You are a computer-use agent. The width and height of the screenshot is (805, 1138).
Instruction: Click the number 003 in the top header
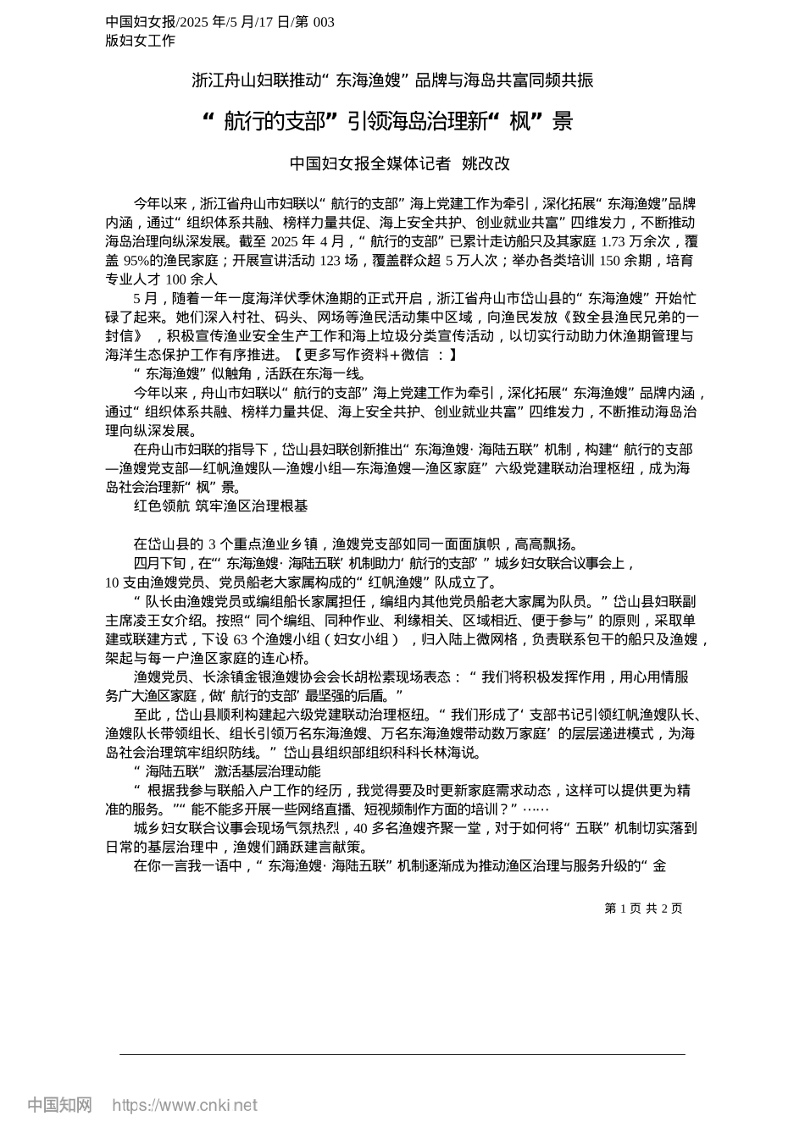pos(323,23)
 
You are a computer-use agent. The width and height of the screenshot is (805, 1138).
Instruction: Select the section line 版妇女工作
pos(141,41)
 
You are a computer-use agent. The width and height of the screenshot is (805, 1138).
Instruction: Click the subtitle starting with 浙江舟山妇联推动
pos(392,80)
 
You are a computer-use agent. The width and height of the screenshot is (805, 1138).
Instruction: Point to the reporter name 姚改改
pos(486,164)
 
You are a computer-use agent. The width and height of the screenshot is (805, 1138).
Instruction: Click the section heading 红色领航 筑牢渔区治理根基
pos(220,506)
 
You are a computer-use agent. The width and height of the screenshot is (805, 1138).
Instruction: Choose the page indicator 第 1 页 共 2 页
pos(643,909)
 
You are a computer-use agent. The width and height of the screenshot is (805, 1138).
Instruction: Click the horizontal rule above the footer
pos(402,1054)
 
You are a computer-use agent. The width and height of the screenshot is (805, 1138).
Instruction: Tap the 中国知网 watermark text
pos(59,1105)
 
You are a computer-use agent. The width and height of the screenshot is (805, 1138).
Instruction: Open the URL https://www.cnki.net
pos(184,1105)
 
